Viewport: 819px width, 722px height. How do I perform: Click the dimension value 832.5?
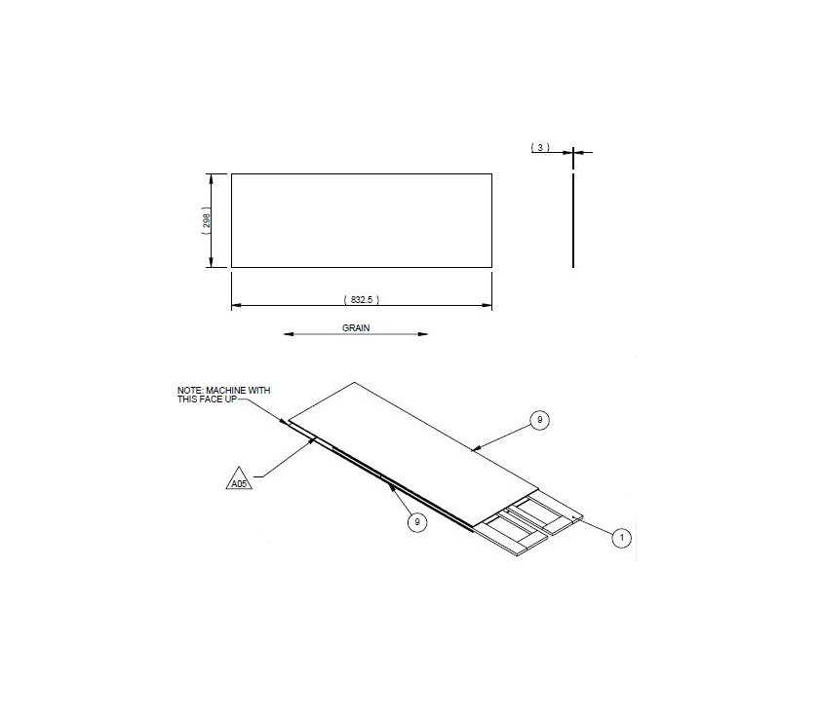(x=361, y=300)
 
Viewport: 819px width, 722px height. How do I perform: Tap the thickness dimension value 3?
(x=540, y=147)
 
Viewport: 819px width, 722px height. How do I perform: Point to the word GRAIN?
(x=356, y=328)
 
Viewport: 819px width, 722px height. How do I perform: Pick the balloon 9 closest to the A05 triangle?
(x=417, y=522)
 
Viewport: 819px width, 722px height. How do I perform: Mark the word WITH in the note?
(x=258, y=390)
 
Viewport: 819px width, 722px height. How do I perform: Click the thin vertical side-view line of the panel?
(x=573, y=219)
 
